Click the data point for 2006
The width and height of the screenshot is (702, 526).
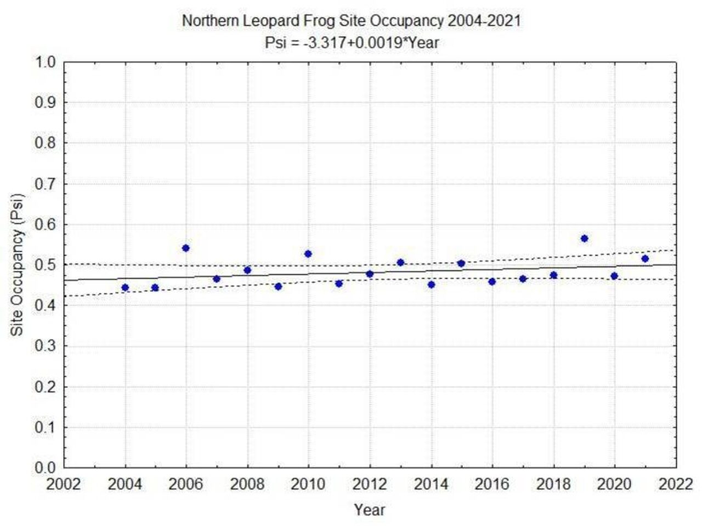[186, 248]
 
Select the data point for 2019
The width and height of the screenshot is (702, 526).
[584, 238]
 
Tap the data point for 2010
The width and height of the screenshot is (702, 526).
[308, 254]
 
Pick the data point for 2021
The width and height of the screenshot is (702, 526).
[645, 258]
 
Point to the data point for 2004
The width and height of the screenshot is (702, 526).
[125, 287]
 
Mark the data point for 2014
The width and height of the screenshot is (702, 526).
[431, 284]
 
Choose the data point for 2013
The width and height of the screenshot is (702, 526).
[400, 262]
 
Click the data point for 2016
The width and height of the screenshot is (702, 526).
[492, 281]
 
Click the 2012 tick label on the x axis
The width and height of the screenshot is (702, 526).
[369, 485]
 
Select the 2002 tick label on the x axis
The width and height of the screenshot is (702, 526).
[64, 485]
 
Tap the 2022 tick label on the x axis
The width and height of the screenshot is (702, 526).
[676, 485]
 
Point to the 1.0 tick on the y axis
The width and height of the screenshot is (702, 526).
[46, 62]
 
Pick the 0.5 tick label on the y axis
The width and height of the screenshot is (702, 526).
[46, 265]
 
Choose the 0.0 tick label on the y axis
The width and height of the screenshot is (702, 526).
[46, 468]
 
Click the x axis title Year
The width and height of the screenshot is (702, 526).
[369, 510]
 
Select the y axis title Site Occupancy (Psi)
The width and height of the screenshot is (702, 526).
[18, 264]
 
